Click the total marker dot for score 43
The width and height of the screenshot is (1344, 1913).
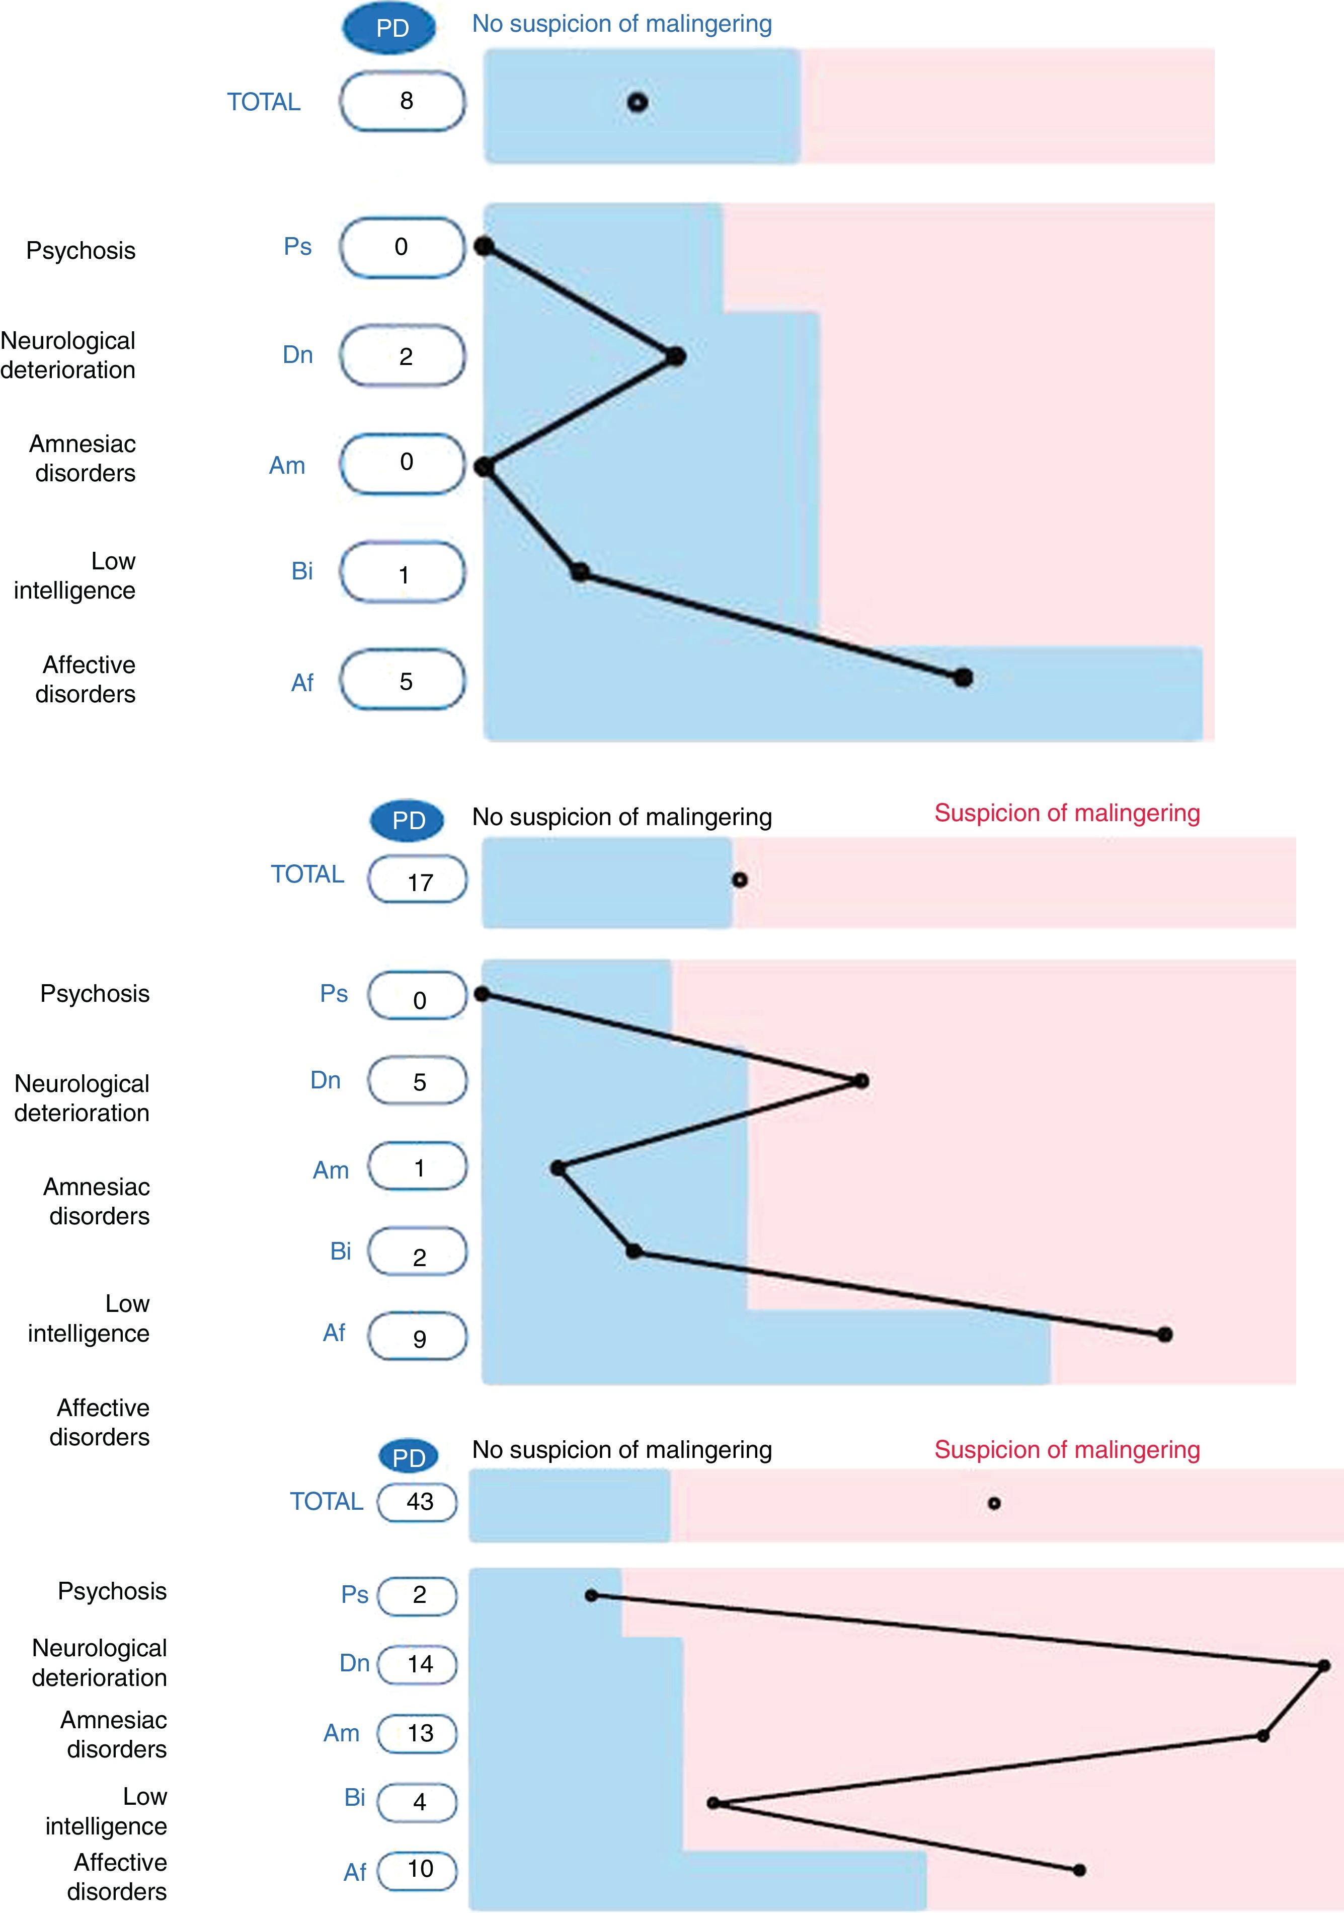click(993, 1504)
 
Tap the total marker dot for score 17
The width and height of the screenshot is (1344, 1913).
click(740, 880)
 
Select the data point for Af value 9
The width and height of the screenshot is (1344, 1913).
click(1165, 1335)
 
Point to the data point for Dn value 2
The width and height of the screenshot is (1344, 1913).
click(676, 356)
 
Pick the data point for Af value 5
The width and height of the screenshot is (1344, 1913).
click(964, 678)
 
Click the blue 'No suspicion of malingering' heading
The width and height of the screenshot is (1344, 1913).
click(621, 23)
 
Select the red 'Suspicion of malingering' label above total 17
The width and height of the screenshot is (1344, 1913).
click(1067, 813)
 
